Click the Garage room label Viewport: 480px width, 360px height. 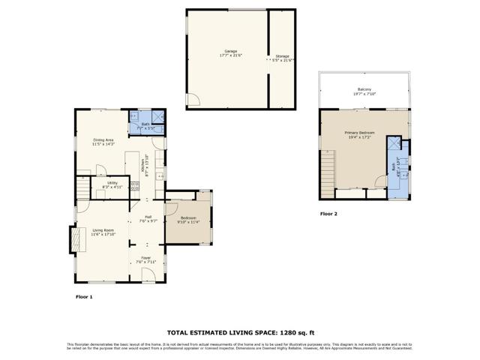[x=220, y=52]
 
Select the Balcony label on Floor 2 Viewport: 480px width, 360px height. [x=364, y=91]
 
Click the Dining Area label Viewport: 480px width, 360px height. [x=103, y=140]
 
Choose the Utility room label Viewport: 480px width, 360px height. [x=112, y=184]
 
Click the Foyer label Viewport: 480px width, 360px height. [x=146, y=259]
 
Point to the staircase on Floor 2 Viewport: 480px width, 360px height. [x=326, y=172]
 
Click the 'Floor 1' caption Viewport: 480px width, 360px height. [x=84, y=297]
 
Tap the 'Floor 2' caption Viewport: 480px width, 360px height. [x=328, y=214]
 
